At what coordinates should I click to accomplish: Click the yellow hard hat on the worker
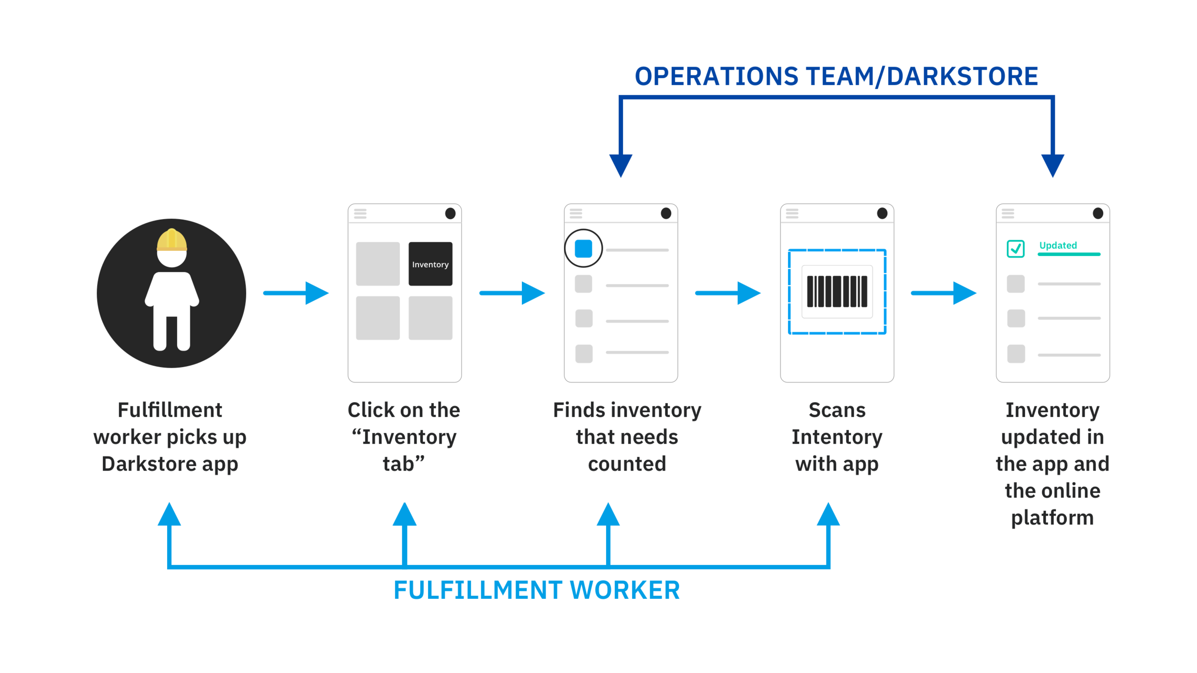tap(172, 239)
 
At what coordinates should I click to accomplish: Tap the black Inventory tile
tap(430, 264)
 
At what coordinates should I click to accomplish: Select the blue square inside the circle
tap(583, 248)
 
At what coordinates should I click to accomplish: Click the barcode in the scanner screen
tap(837, 291)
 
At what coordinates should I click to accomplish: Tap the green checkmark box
tap(1016, 248)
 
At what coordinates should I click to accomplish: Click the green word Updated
tap(1058, 245)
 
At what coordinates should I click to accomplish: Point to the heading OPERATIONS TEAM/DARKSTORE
tap(836, 77)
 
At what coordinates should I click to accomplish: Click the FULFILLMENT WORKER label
tap(537, 590)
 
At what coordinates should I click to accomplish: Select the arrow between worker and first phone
tap(296, 293)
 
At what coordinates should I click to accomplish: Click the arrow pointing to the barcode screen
tap(728, 293)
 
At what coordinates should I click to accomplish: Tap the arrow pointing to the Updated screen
tap(944, 293)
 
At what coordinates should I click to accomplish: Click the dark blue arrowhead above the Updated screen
tap(1053, 166)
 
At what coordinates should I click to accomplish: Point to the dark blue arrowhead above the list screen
tap(621, 166)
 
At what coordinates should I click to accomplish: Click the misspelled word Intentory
tap(837, 437)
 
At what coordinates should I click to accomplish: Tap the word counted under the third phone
tap(627, 464)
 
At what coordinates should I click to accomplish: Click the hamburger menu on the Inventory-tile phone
tap(360, 213)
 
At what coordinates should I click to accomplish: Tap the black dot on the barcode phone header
tap(882, 213)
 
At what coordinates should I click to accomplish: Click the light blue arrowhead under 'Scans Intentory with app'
tap(828, 514)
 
